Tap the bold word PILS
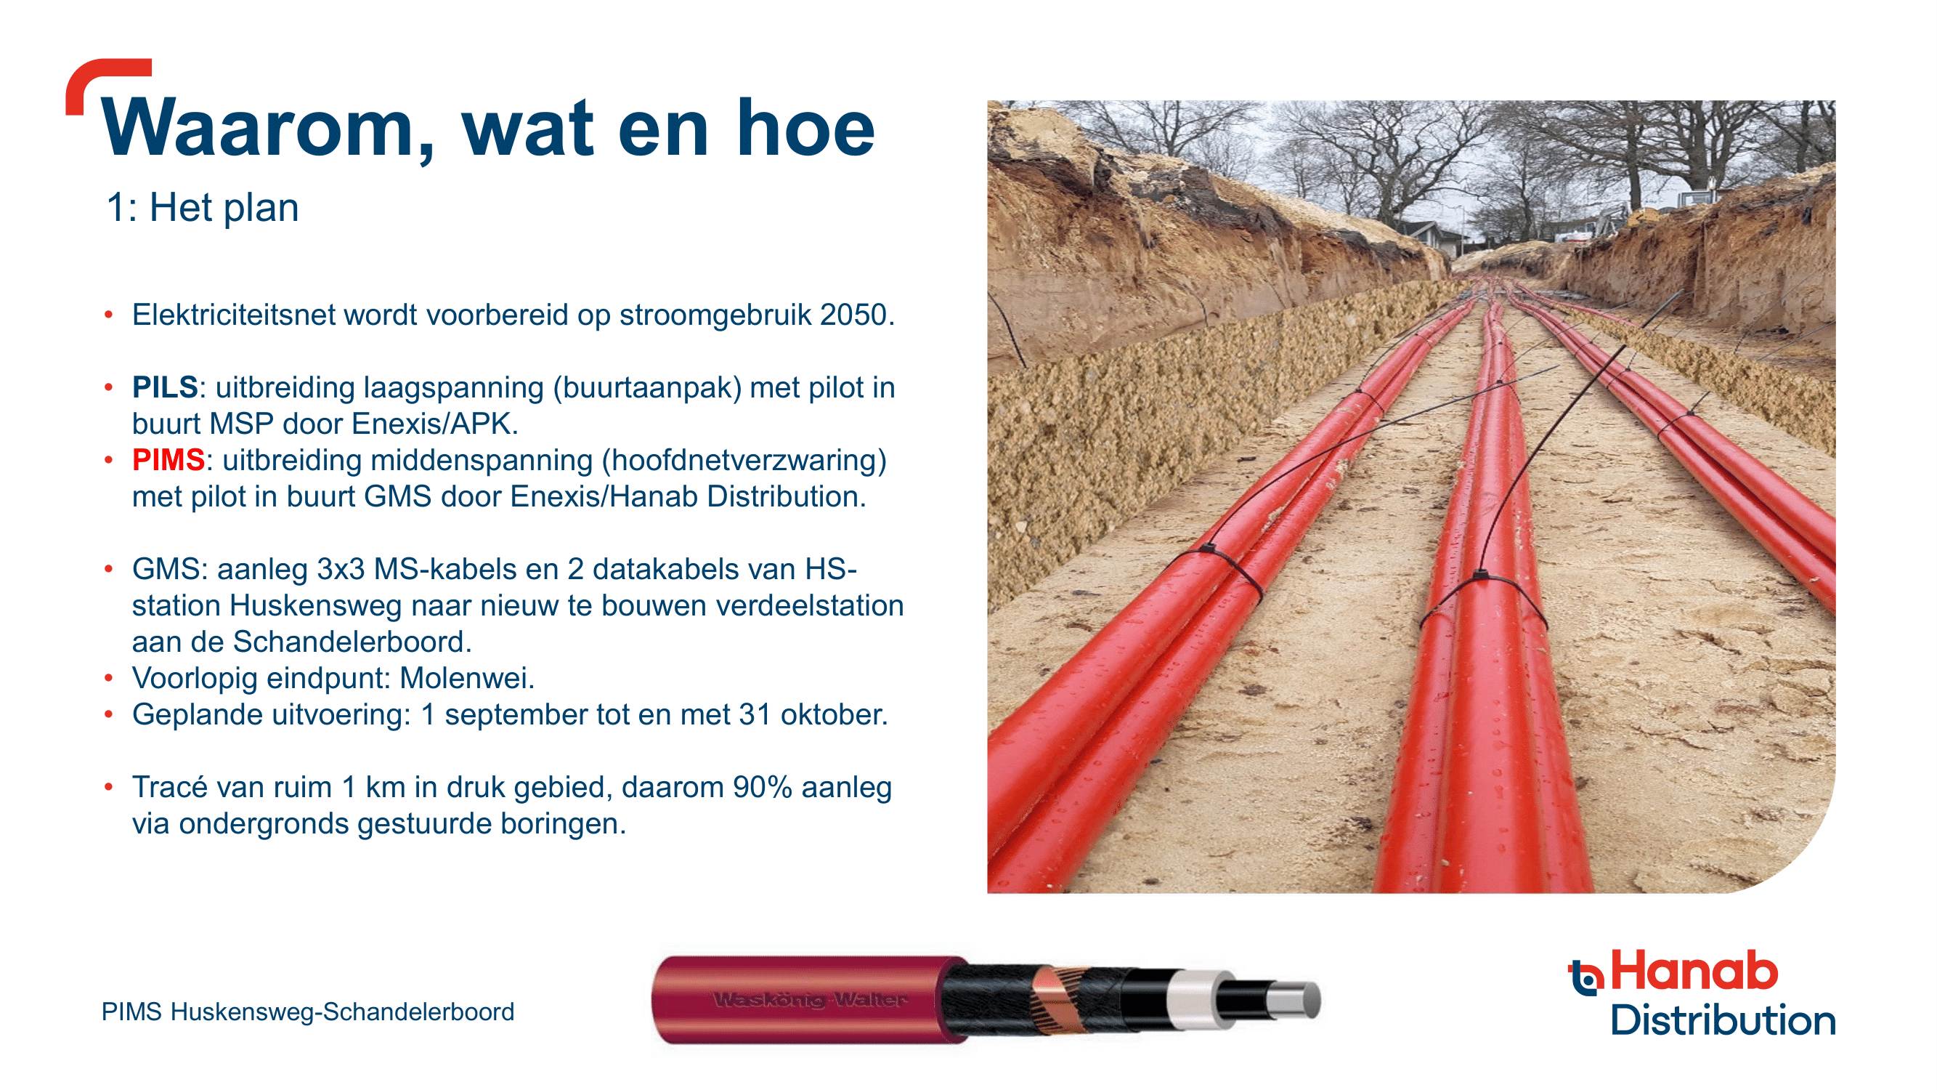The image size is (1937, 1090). pyautogui.click(x=165, y=387)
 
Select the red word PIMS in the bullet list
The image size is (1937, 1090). pyautogui.click(x=168, y=460)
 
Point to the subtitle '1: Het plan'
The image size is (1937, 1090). pyautogui.click(x=203, y=207)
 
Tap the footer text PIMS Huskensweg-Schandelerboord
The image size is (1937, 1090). pyautogui.click(x=307, y=1012)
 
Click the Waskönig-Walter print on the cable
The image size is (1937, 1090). pyautogui.click(x=811, y=1000)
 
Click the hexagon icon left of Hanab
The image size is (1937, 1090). pyautogui.click(x=1586, y=977)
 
